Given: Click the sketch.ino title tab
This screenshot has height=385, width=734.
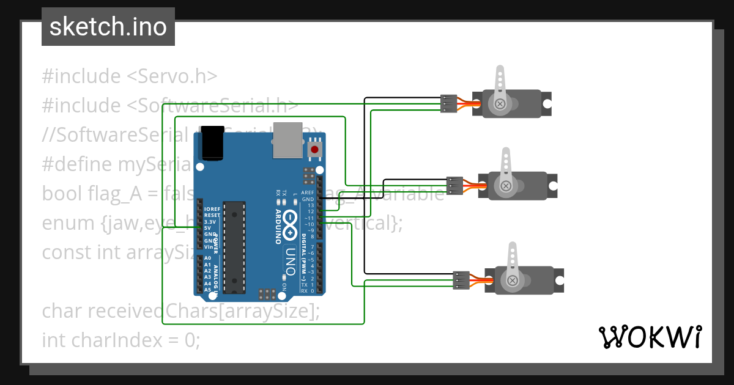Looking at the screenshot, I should [x=108, y=27].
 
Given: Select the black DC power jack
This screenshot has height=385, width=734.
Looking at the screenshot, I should [x=212, y=144].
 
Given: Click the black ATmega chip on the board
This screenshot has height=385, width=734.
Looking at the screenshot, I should [x=232, y=246].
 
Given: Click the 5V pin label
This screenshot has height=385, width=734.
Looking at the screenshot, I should [x=208, y=228].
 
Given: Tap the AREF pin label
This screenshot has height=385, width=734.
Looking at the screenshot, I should [x=308, y=192].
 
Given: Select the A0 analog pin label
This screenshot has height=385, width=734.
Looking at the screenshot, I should [x=208, y=258].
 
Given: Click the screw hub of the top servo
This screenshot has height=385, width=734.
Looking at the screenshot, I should [x=500, y=104].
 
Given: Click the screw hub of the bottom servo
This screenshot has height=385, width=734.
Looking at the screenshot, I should [x=512, y=280].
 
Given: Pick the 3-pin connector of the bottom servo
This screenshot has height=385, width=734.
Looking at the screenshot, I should [x=461, y=280].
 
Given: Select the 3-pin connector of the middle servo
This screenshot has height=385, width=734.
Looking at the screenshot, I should [x=454, y=185].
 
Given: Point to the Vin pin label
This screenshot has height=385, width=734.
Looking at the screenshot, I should [x=208, y=246].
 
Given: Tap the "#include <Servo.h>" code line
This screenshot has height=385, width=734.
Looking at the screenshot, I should [x=130, y=76].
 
